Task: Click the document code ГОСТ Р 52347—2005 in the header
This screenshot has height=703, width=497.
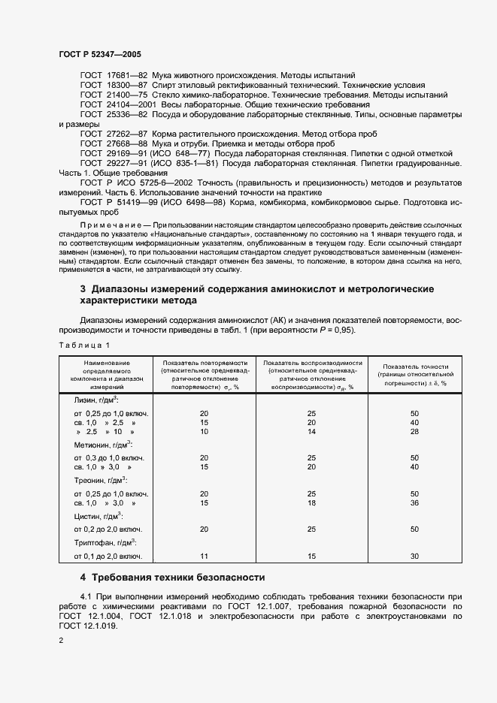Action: tap(99, 54)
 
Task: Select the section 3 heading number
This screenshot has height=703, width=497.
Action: tap(83, 289)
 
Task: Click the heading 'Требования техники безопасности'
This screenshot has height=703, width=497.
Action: tap(178, 578)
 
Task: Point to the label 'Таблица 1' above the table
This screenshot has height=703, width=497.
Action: tap(83, 344)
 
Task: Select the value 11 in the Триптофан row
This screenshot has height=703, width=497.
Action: tap(204, 557)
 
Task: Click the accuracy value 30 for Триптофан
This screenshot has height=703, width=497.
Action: tap(414, 557)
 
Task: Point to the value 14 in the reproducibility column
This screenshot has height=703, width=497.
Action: tap(312, 433)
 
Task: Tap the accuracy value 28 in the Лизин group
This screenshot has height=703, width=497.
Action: tap(414, 433)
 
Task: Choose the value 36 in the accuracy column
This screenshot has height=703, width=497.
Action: tap(414, 503)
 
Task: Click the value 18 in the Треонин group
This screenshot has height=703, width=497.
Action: tap(312, 503)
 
